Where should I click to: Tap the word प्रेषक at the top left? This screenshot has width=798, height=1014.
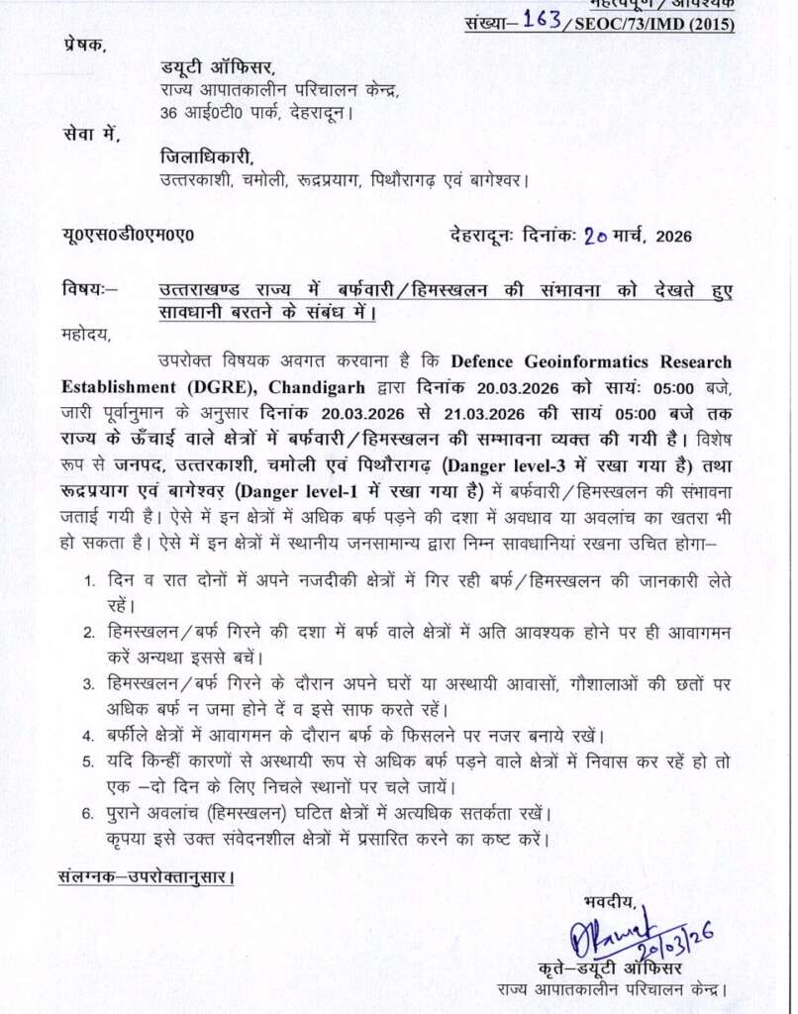pos(84,44)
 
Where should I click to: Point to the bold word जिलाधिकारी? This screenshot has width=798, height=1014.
pos(207,156)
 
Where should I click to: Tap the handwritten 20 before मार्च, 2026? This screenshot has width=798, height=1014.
pos(595,236)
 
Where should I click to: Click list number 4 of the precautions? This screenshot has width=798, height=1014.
pos(88,736)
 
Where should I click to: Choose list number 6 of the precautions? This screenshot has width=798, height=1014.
pos(88,813)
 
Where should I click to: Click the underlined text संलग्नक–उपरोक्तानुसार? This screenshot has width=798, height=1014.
pos(146,876)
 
